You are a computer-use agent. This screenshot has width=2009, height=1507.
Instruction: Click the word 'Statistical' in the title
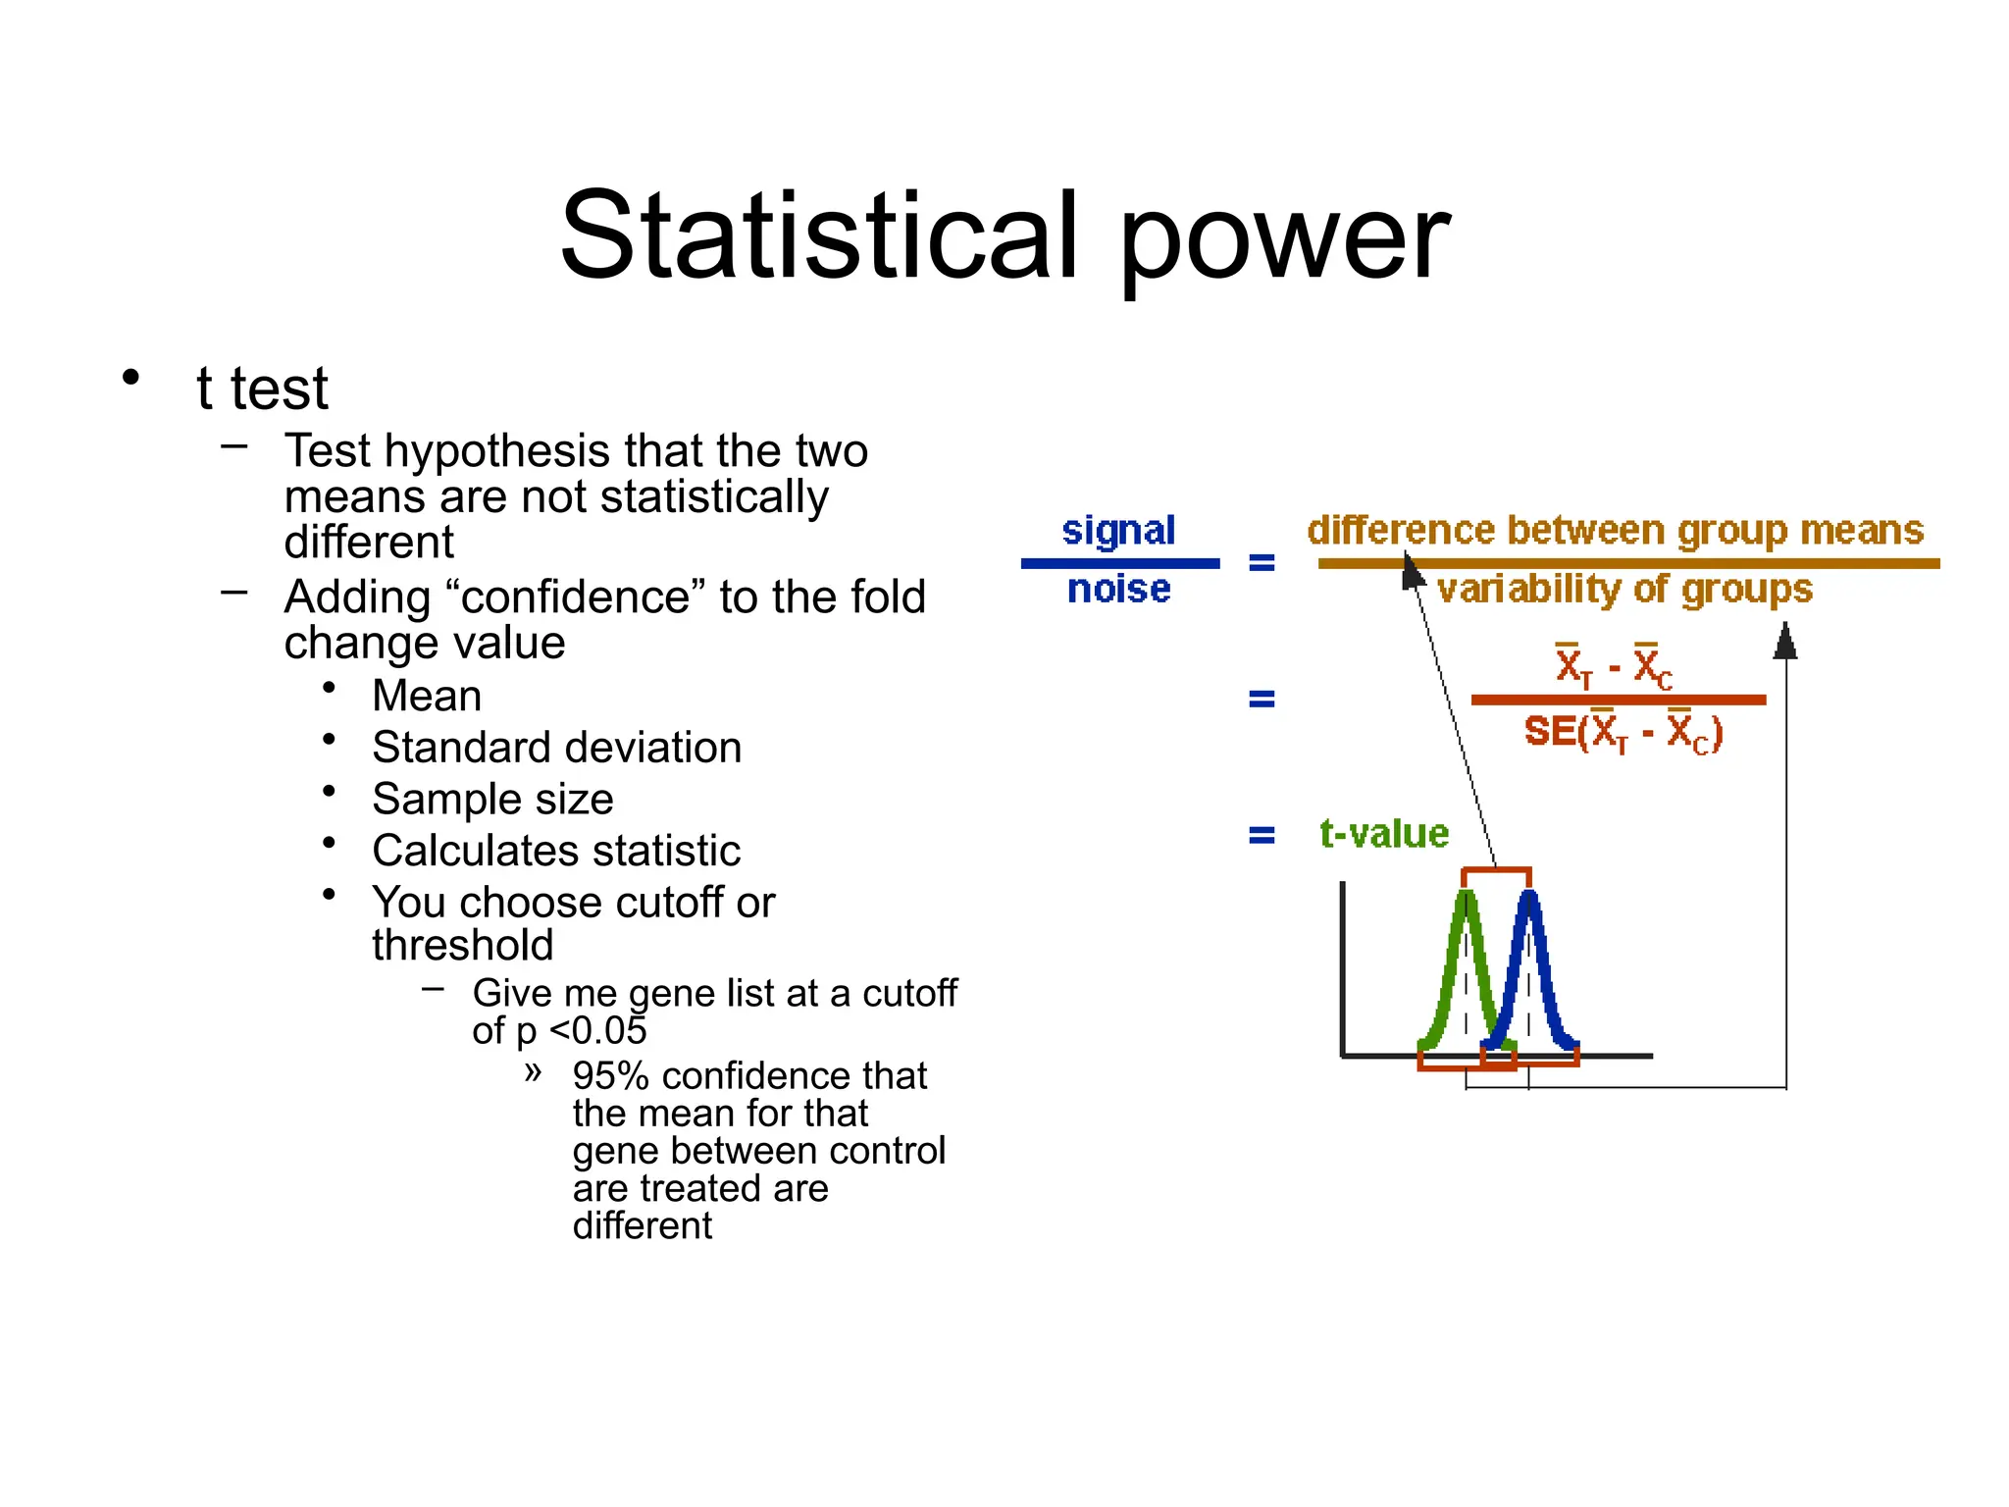(820, 235)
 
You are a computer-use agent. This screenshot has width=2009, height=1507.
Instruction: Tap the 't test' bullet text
(262, 389)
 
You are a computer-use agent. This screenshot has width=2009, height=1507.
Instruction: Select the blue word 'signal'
(1118, 531)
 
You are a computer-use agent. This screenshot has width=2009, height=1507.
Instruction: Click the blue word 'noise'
(1118, 590)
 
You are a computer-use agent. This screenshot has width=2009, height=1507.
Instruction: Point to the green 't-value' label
(1384, 834)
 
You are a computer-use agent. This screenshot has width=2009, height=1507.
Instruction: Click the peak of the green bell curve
(1466, 895)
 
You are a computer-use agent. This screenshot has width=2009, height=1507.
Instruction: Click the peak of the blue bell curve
(1529, 895)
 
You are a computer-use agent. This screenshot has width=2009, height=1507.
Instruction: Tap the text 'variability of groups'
(1624, 590)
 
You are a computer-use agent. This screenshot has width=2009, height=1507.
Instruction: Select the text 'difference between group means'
(1616, 531)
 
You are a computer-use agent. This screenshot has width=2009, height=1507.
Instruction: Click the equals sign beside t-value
(1262, 836)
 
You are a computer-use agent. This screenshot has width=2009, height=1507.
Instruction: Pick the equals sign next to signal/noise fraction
(1262, 563)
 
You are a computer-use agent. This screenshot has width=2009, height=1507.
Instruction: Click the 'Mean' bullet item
(427, 697)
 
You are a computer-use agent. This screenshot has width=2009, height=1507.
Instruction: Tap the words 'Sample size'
(492, 800)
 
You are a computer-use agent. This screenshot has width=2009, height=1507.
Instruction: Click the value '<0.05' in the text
(597, 1031)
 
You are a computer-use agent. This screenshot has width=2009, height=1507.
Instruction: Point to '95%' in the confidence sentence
(610, 1076)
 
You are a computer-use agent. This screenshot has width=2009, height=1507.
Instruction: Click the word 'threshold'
(462, 946)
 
